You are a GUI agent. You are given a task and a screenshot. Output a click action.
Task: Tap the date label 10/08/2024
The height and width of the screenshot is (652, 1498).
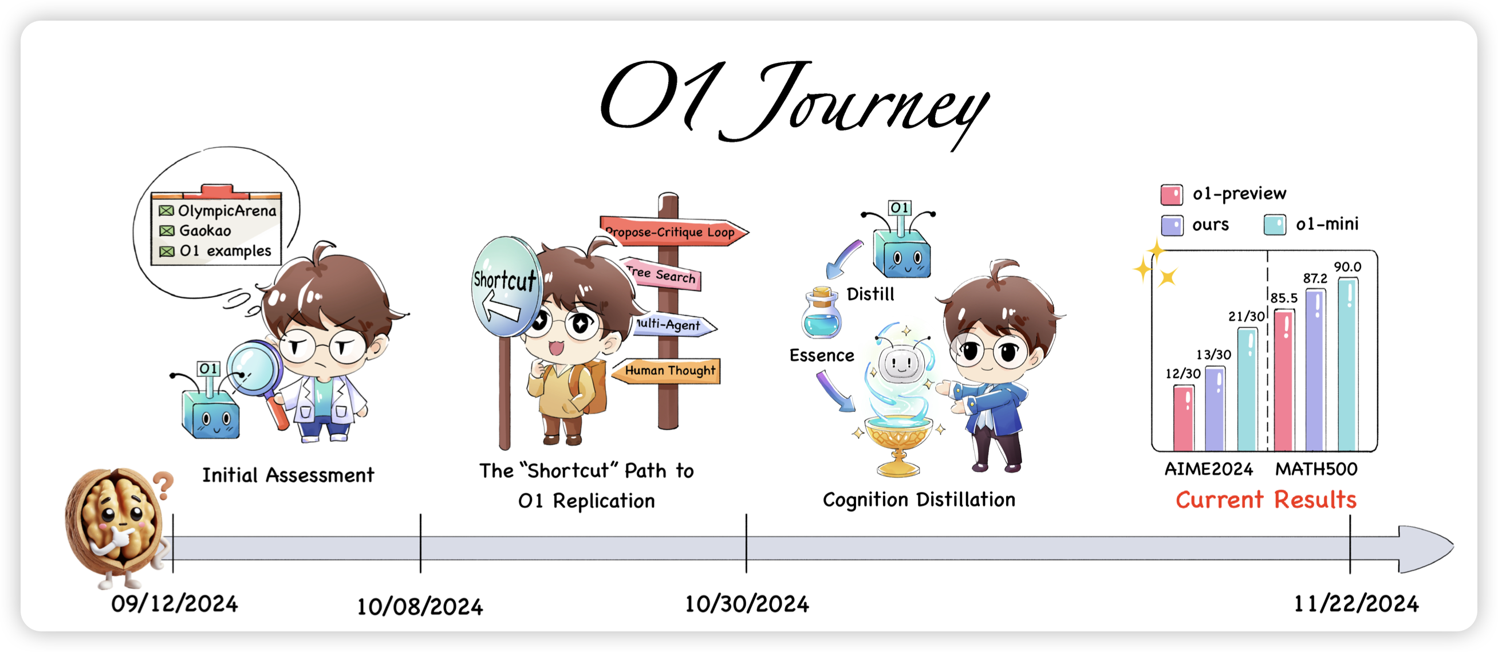point(420,607)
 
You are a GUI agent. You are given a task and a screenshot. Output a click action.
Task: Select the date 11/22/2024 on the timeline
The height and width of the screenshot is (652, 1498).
point(1356,604)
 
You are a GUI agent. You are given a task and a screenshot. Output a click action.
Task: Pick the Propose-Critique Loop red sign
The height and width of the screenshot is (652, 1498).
point(673,231)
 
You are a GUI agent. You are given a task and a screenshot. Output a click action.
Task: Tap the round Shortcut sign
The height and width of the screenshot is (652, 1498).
point(505,286)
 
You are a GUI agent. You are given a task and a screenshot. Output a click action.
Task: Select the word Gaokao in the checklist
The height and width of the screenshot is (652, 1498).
point(205,231)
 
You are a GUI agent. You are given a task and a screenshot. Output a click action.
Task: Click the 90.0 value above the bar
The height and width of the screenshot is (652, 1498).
point(1347,267)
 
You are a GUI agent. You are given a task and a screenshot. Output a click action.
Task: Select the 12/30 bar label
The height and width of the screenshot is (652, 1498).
point(1183,374)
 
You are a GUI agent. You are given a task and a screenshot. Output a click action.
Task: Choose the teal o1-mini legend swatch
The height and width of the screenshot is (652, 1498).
point(1275,225)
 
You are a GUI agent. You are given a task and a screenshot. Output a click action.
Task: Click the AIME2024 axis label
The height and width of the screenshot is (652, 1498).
point(1208,469)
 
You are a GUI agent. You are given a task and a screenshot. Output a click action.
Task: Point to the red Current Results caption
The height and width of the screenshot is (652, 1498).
point(1266,500)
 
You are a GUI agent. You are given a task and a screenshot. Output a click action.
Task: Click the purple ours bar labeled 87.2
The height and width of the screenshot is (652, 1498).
point(1315,370)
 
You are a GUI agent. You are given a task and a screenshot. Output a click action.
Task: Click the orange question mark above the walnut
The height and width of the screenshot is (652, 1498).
point(164,486)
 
